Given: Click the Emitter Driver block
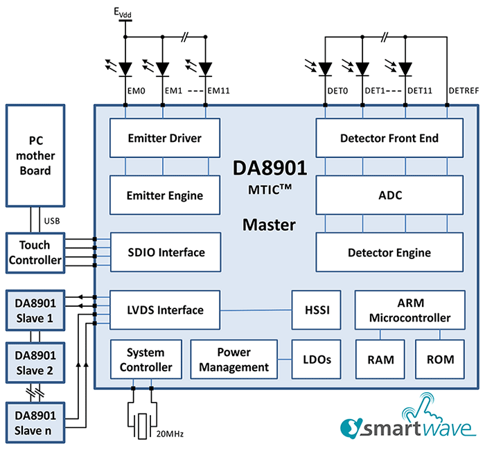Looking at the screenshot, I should [165, 138].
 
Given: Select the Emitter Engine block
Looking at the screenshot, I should [165, 195].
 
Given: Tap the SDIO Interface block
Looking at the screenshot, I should [165, 252].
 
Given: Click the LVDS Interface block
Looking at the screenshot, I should [165, 310].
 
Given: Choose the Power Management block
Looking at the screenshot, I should [233, 360].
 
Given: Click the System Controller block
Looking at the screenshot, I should [145, 360].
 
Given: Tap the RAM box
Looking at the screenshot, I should [380, 360].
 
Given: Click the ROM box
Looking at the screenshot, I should [440, 360].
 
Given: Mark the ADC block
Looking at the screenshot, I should [389, 195].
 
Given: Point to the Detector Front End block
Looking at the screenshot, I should [389, 138].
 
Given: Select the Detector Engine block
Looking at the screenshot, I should [389, 252].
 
